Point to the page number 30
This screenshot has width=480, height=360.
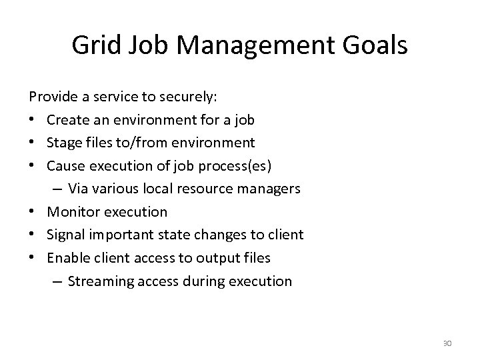(447, 343)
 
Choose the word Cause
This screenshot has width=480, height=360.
(67, 165)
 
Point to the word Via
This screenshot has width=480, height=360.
(79, 189)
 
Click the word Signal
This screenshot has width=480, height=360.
(67, 235)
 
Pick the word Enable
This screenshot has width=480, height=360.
(68, 258)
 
